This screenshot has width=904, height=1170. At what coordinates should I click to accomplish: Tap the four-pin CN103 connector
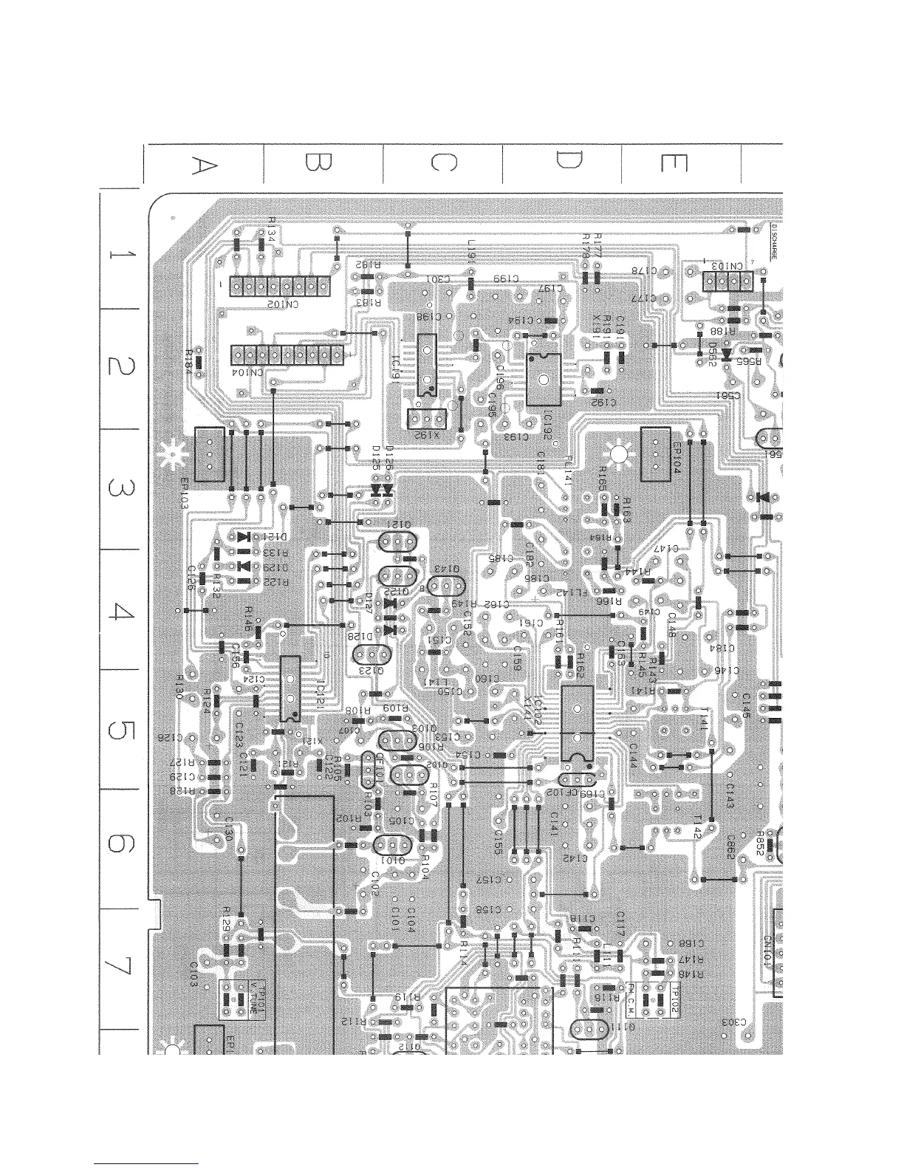727,281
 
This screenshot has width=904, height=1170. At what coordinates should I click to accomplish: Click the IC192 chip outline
544,380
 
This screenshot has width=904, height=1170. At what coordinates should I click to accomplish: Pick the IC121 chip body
290,688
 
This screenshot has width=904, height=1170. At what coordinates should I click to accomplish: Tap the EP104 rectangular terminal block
656,453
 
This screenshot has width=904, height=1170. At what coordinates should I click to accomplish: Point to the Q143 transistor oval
446,587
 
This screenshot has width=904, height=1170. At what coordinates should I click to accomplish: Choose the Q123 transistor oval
372,655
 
